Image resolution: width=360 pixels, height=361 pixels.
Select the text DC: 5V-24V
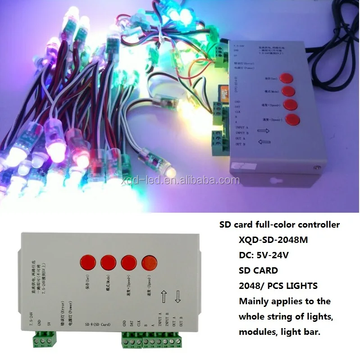263,256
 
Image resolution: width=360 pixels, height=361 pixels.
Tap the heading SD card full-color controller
279,224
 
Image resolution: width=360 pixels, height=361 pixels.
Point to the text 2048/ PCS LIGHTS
278,286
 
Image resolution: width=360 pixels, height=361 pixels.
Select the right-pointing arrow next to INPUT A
264,131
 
